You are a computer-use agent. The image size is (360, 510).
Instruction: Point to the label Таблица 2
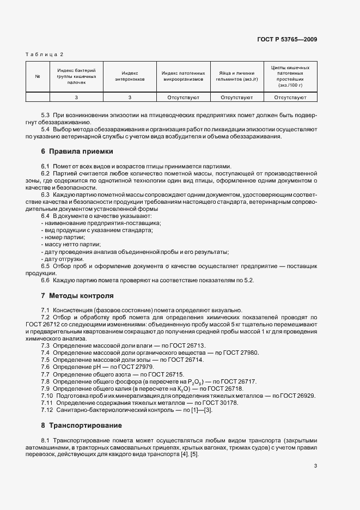45,54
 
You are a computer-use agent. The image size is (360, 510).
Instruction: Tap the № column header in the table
38,76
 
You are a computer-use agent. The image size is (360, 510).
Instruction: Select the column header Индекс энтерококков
130,76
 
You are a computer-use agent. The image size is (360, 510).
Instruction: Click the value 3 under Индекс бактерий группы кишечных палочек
76,98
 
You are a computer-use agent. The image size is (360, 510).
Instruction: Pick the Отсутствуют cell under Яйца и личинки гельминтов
236,98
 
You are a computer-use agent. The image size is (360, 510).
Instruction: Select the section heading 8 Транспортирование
81,425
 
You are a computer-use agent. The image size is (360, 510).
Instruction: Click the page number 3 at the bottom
316,466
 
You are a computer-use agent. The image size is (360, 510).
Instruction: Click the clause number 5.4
46,130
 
